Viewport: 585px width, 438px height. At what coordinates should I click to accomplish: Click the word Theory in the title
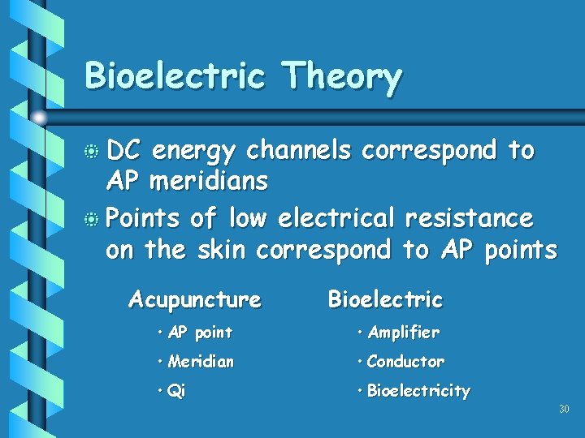(x=340, y=78)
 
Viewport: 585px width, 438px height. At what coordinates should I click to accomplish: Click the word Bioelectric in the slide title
(x=175, y=76)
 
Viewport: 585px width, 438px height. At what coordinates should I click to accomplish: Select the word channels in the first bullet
(x=299, y=150)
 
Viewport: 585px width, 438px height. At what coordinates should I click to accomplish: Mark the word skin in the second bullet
(x=221, y=251)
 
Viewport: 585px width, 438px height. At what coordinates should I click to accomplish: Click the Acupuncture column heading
(x=195, y=300)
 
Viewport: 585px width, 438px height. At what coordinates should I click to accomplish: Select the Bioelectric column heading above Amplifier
(x=385, y=299)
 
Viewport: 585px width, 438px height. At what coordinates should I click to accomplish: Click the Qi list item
(x=175, y=391)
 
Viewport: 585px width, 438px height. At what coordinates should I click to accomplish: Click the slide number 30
(x=564, y=410)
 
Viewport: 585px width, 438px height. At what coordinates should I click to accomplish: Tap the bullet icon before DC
(x=93, y=152)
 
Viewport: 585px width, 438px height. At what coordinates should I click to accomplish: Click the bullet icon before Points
(x=93, y=220)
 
